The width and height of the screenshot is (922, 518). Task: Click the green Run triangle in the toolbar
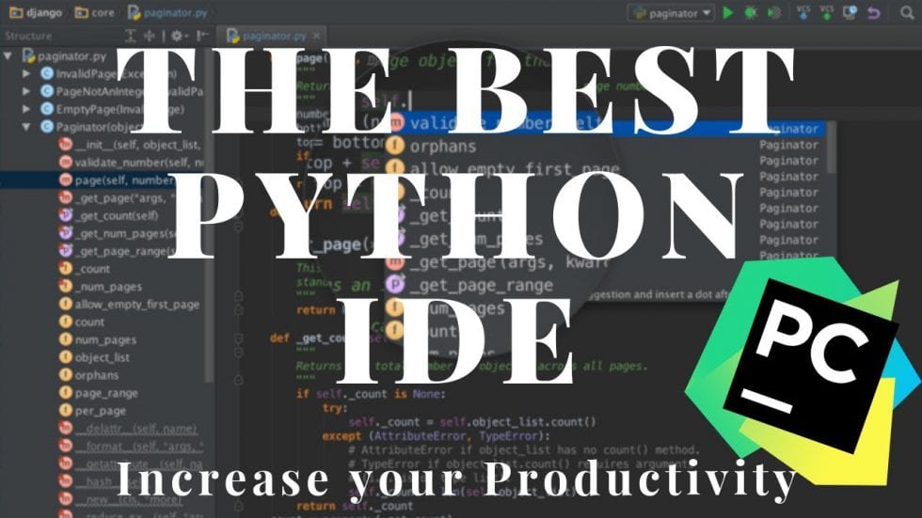[727, 13]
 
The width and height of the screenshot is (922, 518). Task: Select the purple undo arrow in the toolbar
[874, 13]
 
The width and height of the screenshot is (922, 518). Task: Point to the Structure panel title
[29, 37]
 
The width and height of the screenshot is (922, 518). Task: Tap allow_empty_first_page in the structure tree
[137, 304]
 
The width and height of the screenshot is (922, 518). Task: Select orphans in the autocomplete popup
[443, 146]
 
